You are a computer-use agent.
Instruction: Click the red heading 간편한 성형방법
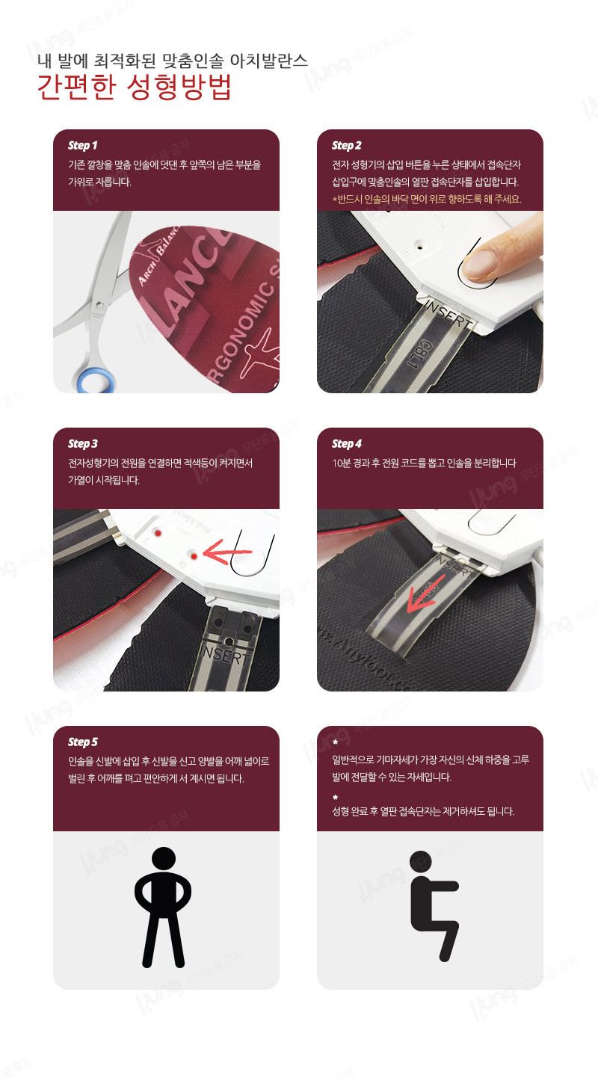[x=135, y=87]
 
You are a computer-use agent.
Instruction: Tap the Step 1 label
[x=83, y=145]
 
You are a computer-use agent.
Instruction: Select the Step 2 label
[x=346, y=145]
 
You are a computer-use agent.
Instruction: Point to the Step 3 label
[x=83, y=444]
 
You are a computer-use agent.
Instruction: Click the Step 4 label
[x=346, y=444]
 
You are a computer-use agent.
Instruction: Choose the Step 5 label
[x=83, y=742]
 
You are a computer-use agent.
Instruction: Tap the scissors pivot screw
[x=99, y=305]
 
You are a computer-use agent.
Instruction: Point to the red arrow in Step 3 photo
[x=227, y=551]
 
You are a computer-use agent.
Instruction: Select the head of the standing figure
[x=164, y=860]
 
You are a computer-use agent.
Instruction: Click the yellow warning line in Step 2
[x=427, y=200]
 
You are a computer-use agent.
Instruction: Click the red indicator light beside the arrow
[x=194, y=556]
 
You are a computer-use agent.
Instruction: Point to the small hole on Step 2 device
[x=419, y=247]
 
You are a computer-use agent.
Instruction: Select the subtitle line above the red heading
[x=173, y=60]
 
